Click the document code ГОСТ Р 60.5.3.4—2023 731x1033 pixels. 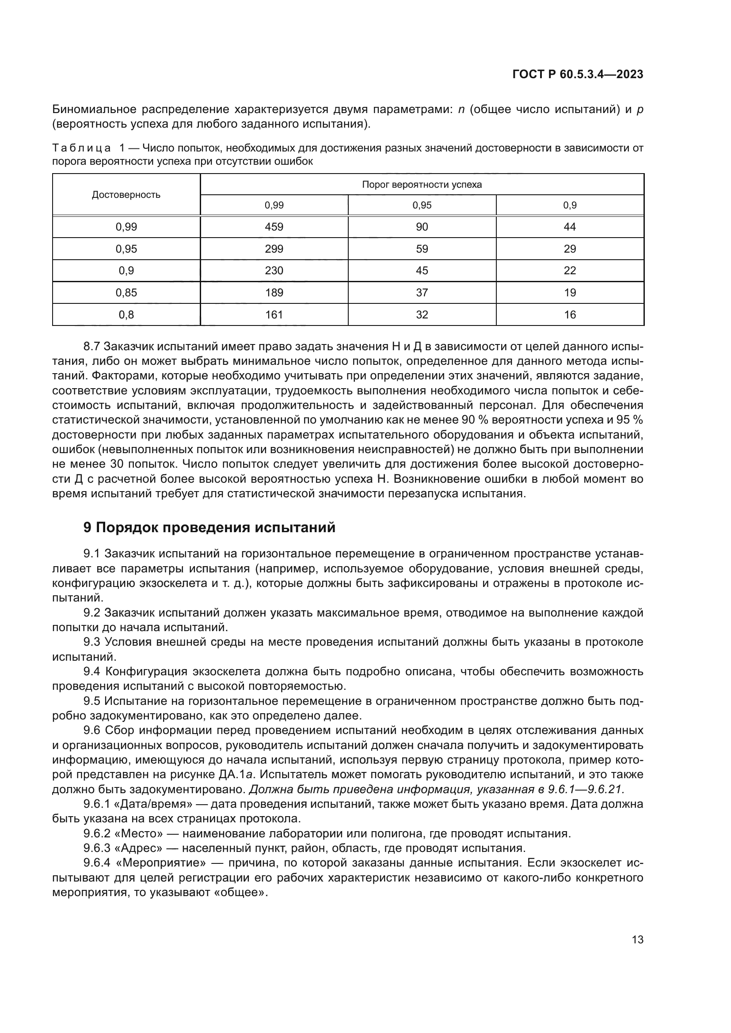(x=578, y=74)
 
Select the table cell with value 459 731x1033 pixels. (x=274, y=227)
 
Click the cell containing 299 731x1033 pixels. (x=274, y=249)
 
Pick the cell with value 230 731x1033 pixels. (x=274, y=270)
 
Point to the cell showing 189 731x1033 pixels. (x=274, y=292)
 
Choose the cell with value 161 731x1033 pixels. (x=274, y=314)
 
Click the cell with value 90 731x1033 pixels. (x=422, y=227)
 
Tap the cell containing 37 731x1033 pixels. (x=422, y=292)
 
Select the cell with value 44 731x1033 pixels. (x=569, y=227)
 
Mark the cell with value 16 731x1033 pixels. (x=569, y=314)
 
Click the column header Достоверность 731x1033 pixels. (x=126, y=195)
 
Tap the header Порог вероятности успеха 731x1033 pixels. (x=422, y=185)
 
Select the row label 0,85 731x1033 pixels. (x=126, y=292)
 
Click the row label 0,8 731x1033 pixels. (x=126, y=314)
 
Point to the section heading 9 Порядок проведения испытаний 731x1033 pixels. (x=209, y=527)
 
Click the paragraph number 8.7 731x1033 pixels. (x=92, y=346)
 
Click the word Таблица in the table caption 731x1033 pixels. (x=81, y=148)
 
